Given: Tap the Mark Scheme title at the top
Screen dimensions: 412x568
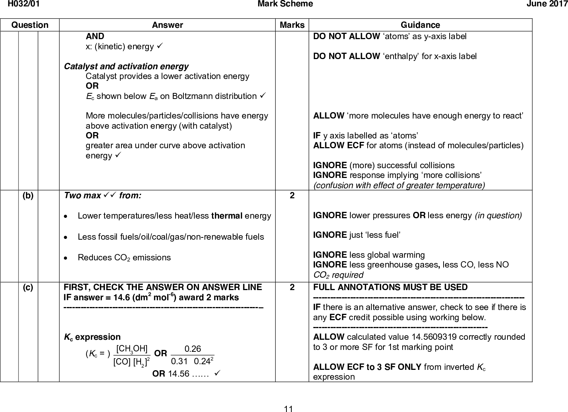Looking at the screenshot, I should click(x=285, y=4).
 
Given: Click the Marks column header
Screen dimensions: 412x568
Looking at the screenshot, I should click(x=292, y=25).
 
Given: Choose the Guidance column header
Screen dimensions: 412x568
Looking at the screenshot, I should click(x=420, y=25).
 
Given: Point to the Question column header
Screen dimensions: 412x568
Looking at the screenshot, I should click(x=30, y=25).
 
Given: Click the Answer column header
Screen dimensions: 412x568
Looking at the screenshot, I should click(x=167, y=25).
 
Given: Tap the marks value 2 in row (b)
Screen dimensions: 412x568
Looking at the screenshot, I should click(x=292, y=196).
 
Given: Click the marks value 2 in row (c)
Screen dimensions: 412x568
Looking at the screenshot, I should click(x=292, y=287).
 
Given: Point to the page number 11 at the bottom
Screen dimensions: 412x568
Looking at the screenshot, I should click(x=289, y=409).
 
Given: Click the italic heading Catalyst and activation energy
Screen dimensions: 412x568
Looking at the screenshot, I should click(x=126, y=67).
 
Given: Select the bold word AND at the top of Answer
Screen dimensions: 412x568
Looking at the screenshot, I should click(x=95, y=36).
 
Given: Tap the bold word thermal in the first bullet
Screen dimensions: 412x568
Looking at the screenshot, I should click(x=227, y=216).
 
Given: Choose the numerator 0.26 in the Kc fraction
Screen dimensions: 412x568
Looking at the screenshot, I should click(x=192, y=349).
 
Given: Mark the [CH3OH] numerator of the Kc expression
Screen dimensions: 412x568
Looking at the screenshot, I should click(x=132, y=349).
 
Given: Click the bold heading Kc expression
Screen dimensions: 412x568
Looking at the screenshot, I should click(x=92, y=337).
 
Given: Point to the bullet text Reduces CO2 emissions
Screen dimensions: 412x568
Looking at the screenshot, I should click(x=124, y=258).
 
